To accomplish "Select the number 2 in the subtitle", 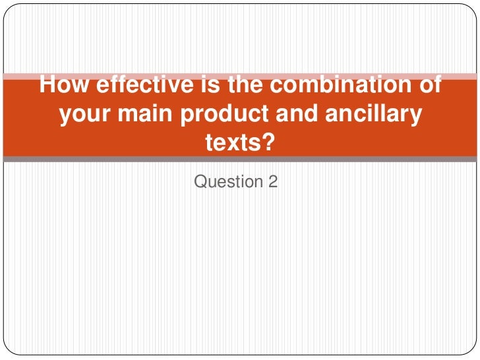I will pos(273,181).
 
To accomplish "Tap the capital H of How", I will pos(47,86).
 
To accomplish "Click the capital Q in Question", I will pos(200,181).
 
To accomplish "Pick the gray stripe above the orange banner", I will pos(240,75).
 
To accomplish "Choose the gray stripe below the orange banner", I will pos(240,159).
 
